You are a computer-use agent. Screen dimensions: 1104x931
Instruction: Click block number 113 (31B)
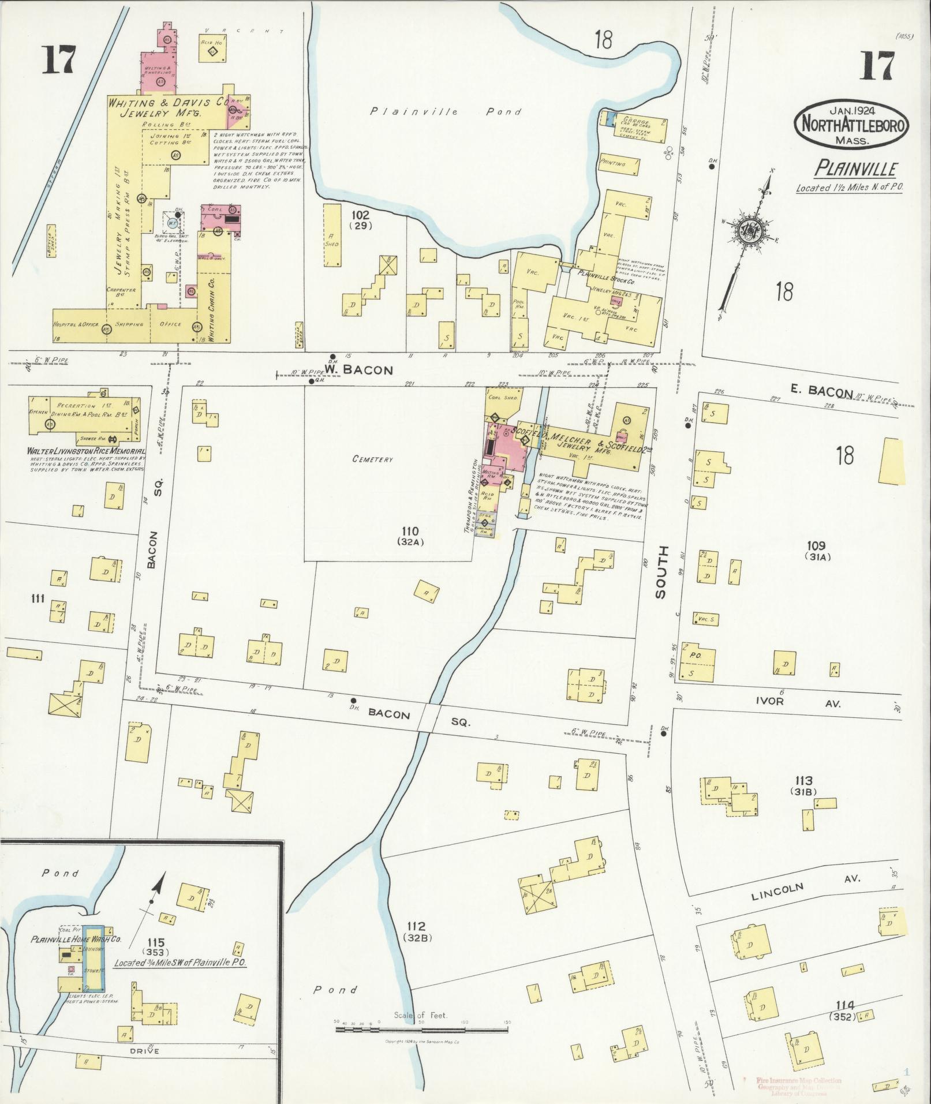point(803,785)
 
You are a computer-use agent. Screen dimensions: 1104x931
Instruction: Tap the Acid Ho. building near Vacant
point(212,51)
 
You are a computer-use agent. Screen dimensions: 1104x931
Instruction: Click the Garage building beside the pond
point(637,128)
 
